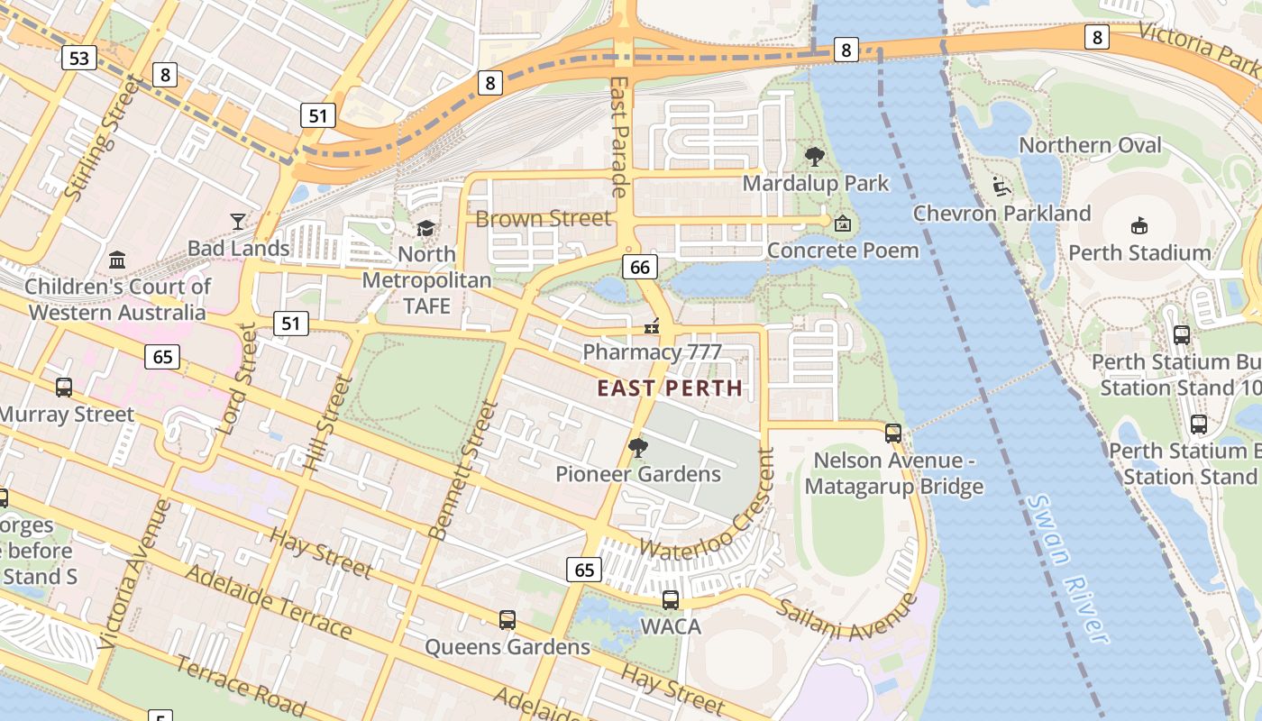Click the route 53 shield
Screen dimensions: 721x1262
point(79,59)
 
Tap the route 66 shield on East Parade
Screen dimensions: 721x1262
point(640,267)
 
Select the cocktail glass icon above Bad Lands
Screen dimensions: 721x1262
point(238,222)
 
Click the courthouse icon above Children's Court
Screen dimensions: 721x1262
point(117,260)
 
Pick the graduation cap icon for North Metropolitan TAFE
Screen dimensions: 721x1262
point(425,229)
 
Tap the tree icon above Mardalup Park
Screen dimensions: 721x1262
point(815,157)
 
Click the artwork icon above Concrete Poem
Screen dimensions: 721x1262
point(843,224)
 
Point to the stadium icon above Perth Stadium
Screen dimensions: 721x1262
point(1139,225)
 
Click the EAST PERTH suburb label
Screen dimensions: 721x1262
point(671,388)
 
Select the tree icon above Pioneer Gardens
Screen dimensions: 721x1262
point(638,447)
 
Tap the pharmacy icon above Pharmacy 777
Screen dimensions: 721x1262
point(652,326)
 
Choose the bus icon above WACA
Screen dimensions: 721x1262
point(671,599)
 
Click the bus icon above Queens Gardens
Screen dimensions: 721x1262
point(508,620)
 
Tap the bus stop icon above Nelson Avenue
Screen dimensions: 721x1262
point(893,433)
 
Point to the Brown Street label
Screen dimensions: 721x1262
point(543,219)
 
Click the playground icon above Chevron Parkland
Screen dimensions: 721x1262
point(1001,187)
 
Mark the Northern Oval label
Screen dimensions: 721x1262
point(1090,145)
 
